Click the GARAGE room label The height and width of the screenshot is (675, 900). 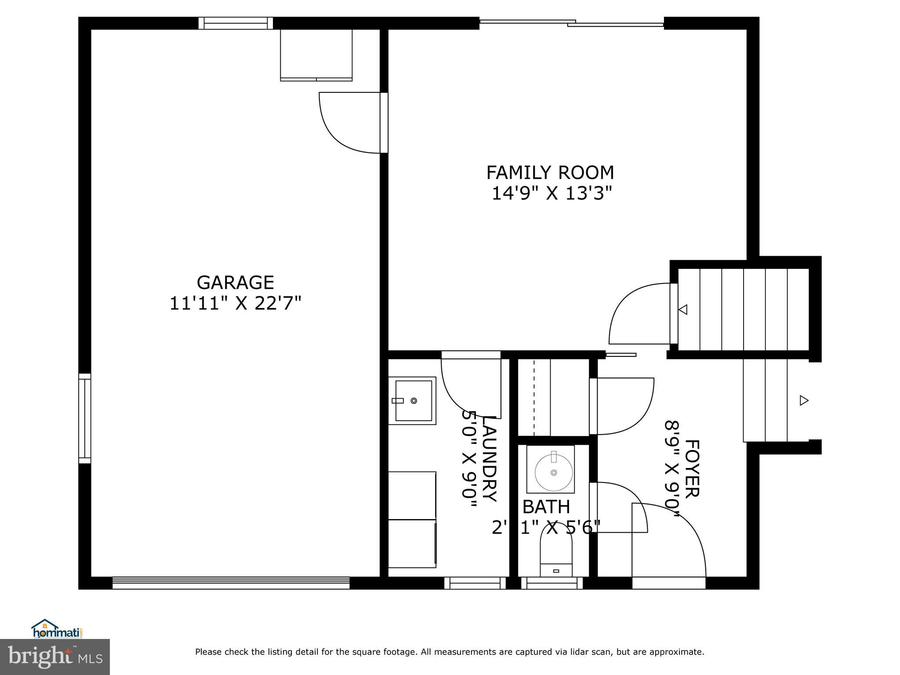[x=235, y=283]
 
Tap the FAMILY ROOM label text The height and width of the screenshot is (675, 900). [x=550, y=173]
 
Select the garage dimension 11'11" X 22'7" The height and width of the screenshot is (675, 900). [x=236, y=304]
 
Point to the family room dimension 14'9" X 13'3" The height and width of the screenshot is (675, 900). [x=552, y=193]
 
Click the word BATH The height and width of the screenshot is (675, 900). [x=546, y=507]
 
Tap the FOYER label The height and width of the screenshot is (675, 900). [x=691, y=468]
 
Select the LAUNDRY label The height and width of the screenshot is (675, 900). [x=490, y=459]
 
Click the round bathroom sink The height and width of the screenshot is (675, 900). [x=553, y=472]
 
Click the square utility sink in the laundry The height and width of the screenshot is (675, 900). [x=413, y=400]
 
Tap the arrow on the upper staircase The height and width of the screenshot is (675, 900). [x=683, y=309]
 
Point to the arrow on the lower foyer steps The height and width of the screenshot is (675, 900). [x=804, y=400]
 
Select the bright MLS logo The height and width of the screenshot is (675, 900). [x=55, y=657]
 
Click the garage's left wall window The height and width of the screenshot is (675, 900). [x=85, y=418]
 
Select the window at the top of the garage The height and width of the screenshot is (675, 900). [x=236, y=23]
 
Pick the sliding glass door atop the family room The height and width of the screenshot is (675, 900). [x=571, y=23]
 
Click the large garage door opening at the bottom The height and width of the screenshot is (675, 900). [x=231, y=583]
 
